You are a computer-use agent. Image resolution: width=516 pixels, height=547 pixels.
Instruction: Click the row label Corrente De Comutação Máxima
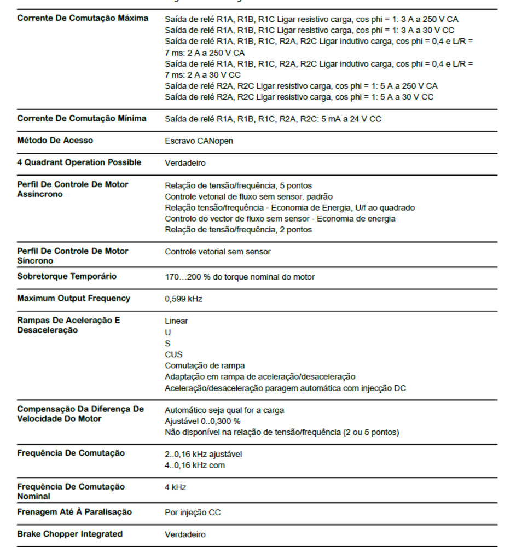click(x=83, y=18)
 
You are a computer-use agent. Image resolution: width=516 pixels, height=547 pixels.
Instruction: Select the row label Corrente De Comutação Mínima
click(x=82, y=118)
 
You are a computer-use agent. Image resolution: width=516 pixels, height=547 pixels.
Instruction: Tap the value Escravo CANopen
click(x=199, y=141)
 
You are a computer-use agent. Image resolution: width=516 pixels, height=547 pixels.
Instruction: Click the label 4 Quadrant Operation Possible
click(x=79, y=162)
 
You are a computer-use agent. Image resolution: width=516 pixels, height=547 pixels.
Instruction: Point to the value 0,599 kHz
click(x=183, y=299)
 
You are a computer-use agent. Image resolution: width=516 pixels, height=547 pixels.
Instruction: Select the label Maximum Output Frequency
click(x=73, y=299)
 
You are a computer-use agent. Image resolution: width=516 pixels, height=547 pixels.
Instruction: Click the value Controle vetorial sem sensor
click(x=217, y=252)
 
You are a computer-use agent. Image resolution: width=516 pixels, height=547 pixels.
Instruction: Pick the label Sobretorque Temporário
click(x=67, y=276)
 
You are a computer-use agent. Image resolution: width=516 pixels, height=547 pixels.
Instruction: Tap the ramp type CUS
click(x=173, y=354)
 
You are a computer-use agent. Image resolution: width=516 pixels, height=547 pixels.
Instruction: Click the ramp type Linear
click(x=176, y=321)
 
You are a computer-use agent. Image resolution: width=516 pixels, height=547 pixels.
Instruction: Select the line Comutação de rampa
click(x=205, y=365)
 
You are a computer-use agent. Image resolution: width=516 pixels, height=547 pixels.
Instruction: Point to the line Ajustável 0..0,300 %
click(x=202, y=421)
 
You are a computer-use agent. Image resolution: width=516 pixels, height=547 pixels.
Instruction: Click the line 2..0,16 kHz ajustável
click(x=203, y=454)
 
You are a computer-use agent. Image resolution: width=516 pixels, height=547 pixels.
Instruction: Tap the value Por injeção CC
click(x=193, y=513)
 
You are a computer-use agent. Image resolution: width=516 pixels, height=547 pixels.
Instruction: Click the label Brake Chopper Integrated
click(x=69, y=534)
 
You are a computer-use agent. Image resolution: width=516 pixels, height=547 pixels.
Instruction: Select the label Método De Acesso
click(x=55, y=141)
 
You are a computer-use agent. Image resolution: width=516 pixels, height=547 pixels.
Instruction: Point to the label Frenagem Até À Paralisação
click(x=74, y=512)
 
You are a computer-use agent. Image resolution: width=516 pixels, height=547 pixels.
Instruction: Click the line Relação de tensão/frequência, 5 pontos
click(x=238, y=185)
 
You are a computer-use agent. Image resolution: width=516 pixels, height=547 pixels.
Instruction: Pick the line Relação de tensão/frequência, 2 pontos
click(x=238, y=230)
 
